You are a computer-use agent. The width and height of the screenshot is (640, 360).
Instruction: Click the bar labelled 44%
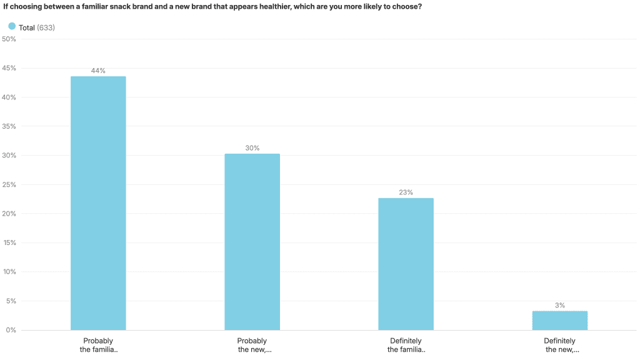[x=98, y=203]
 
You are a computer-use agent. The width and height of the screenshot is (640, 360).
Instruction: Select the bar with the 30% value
[x=252, y=242]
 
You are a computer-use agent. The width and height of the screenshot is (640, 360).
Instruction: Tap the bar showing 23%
[x=406, y=264]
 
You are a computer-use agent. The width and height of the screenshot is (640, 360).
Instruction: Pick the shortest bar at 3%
[x=559, y=321]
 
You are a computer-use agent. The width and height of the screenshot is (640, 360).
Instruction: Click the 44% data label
[x=98, y=71]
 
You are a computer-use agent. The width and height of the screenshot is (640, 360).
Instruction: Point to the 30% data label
[x=252, y=149]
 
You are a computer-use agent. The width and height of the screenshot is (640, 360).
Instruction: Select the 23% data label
[x=406, y=192]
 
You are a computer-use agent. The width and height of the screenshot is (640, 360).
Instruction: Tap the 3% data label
[x=559, y=306]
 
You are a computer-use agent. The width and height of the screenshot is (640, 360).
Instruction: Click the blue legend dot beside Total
[x=12, y=26]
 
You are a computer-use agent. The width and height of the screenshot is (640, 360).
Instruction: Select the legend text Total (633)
[x=37, y=27]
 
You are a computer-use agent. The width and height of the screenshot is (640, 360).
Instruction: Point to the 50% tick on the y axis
[x=9, y=39]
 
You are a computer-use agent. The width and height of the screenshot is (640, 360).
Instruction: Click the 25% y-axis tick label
[x=9, y=184]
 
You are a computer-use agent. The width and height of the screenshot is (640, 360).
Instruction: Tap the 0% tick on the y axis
[x=11, y=330]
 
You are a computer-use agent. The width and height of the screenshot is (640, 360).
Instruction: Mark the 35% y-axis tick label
[x=9, y=126]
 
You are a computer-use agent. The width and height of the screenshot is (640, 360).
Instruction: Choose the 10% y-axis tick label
[x=9, y=272]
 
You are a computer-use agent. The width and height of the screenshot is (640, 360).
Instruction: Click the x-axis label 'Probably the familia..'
[x=98, y=346]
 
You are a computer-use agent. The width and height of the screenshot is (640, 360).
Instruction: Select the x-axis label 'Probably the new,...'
[x=252, y=346]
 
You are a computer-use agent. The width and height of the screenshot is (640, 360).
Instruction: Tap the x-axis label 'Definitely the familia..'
[x=406, y=346]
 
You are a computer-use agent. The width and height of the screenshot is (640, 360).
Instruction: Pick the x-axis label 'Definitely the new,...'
[x=559, y=346]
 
